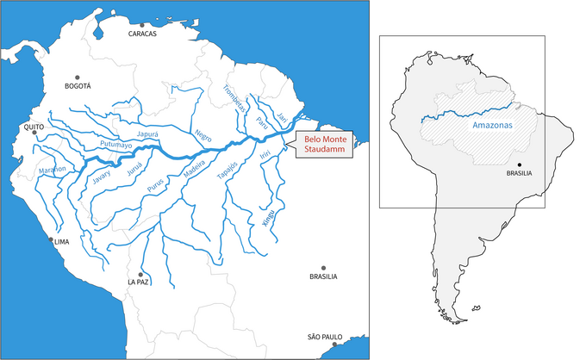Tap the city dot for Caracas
click(142, 25)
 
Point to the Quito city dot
click(34, 133)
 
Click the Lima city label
click(61, 243)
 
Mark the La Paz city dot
click(140, 274)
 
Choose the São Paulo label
click(325, 337)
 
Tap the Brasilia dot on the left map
click(323, 268)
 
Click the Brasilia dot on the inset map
click(519, 164)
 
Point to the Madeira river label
click(195, 172)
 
